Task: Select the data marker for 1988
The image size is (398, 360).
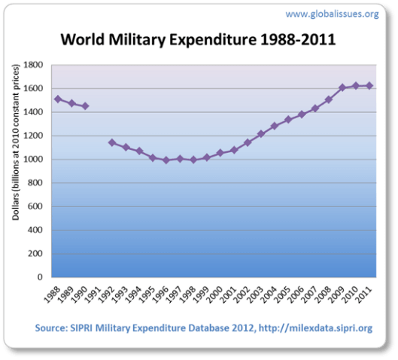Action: (58, 99)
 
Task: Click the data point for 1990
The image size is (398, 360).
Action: (85, 106)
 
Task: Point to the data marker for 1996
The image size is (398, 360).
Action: (167, 160)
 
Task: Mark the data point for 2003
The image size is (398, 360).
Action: (261, 134)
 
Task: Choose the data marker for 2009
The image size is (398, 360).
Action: (342, 87)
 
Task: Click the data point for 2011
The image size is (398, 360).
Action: (369, 86)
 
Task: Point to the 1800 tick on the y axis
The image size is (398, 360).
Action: (33, 65)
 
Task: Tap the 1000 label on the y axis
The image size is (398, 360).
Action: (33, 160)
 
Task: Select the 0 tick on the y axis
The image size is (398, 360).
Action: (40, 277)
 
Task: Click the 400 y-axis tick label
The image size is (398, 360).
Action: (35, 230)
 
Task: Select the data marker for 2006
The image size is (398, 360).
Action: (302, 114)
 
